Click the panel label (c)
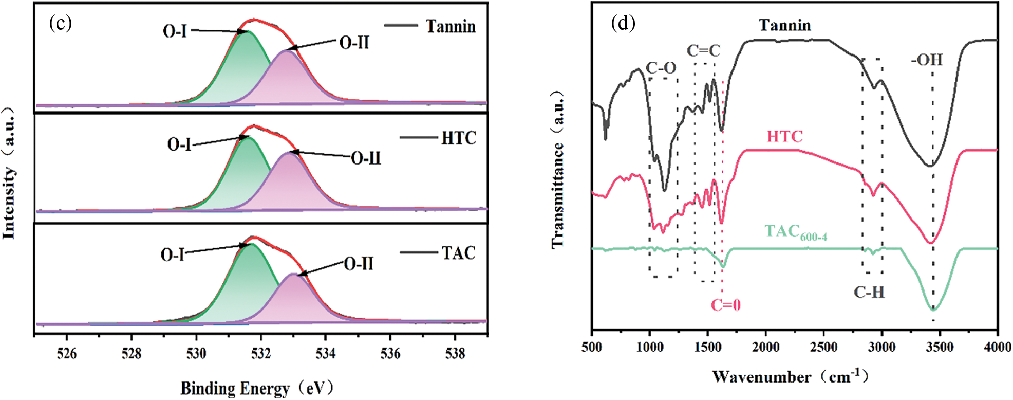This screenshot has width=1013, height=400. click(x=60, y=24)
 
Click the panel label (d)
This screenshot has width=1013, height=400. click(x=623, y=24)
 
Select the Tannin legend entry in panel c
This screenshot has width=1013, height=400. click(x=450, y=26)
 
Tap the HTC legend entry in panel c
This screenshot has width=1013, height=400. click(x=458, y=138)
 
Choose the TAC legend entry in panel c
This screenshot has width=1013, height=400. click(x=458, y=252)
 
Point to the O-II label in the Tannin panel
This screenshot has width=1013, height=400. click(x=354, y=43)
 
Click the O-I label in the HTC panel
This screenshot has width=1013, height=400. click(x=179, y=144)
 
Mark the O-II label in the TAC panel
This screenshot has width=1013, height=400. click(x=358, y=264)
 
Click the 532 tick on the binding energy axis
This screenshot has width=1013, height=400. click(x=261, y=353)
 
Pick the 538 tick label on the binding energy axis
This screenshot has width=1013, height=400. click(x=455, y=353)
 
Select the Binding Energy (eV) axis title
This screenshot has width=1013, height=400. click(x=257, y=388)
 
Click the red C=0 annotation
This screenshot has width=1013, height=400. click(x=725, y=305)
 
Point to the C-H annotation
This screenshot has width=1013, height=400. click(x=869, y=293)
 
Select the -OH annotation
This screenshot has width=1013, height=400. click(x=927, y=60)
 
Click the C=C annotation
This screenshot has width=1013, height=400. click(x=703, y=50)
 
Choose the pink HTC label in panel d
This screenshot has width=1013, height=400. click(x=784, y=136)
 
